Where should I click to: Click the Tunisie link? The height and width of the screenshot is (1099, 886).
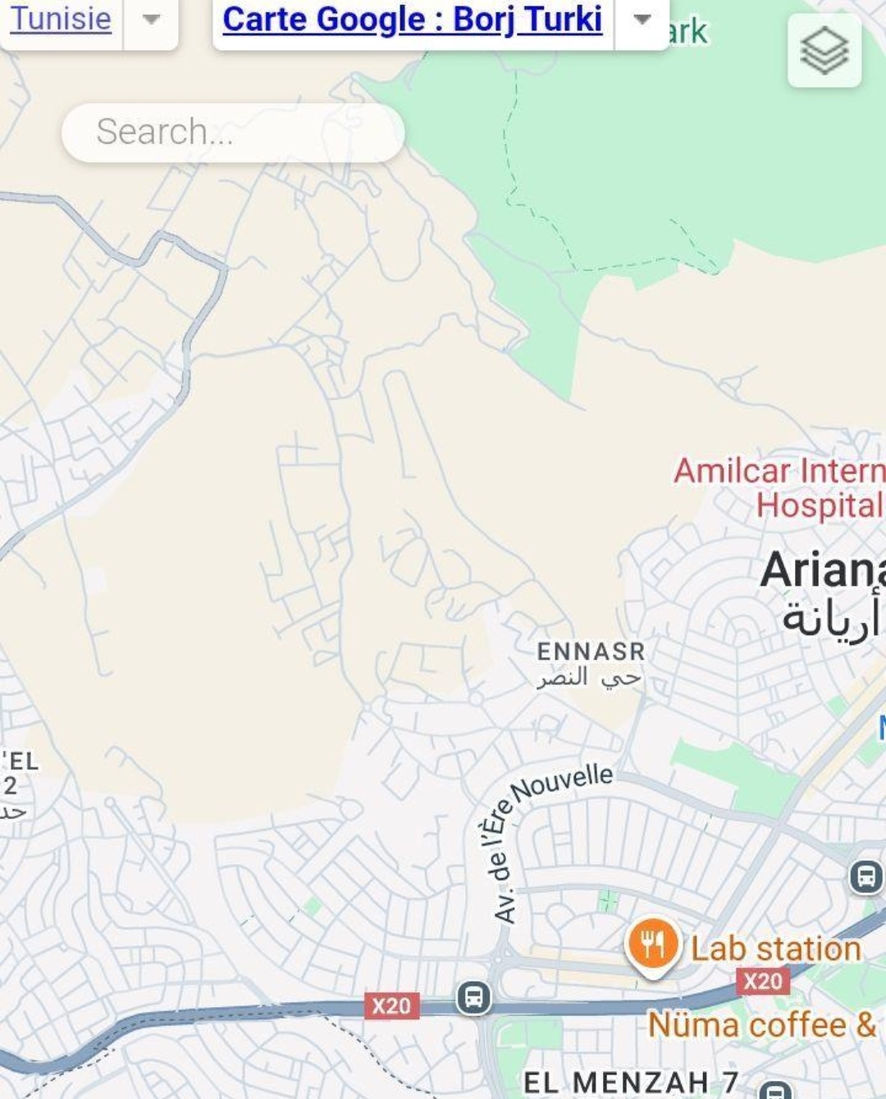pos(60,18)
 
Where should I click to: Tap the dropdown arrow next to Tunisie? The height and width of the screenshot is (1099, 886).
pos(151,19)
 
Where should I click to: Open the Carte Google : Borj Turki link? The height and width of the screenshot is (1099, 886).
pos(412,19)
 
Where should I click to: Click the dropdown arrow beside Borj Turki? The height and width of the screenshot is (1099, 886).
pos(642,19)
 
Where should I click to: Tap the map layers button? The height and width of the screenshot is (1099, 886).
pos(824,51)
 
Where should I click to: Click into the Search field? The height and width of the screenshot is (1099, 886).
pos(232,132)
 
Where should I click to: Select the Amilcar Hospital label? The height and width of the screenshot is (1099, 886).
pos(779,488)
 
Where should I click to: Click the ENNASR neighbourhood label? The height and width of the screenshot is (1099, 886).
pos(591,652)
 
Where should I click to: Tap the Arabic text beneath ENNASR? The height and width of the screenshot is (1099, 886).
pos(589,678)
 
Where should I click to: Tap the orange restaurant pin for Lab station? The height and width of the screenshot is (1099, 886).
pos(652,944)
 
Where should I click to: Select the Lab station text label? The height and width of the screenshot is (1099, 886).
pos(775,949)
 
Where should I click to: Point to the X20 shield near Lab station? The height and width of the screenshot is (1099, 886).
pos(763,981)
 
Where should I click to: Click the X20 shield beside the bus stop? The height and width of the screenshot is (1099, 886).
pos(391,1005)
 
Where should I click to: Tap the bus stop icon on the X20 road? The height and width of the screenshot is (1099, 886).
pos(473,998)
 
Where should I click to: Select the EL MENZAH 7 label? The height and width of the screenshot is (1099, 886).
pos(631,1082)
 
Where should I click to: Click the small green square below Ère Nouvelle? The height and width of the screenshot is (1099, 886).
pos(608,900)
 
